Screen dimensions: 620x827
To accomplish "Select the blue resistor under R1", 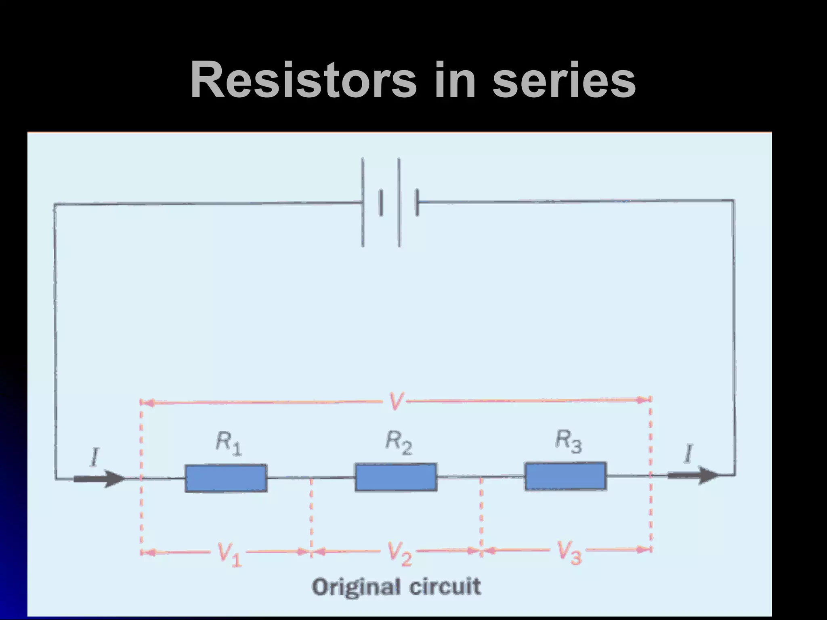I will pyautogui.click(x=226, y=478).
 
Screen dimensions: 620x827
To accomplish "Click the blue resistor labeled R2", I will pyautogui.click(x=396, y=477).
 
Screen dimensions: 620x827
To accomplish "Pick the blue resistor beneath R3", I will pyautogui.click(x=565, y=476).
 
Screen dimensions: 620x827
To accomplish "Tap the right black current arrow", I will pyautogui.click(x=693, y=475).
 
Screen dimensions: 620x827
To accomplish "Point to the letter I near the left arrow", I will pyautogui.click(x=94, y=458).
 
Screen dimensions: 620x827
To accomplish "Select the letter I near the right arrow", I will pyautogui.click(x=688, y=454).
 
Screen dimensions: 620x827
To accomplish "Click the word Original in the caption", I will pyautogui.click(x=357, y=587).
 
